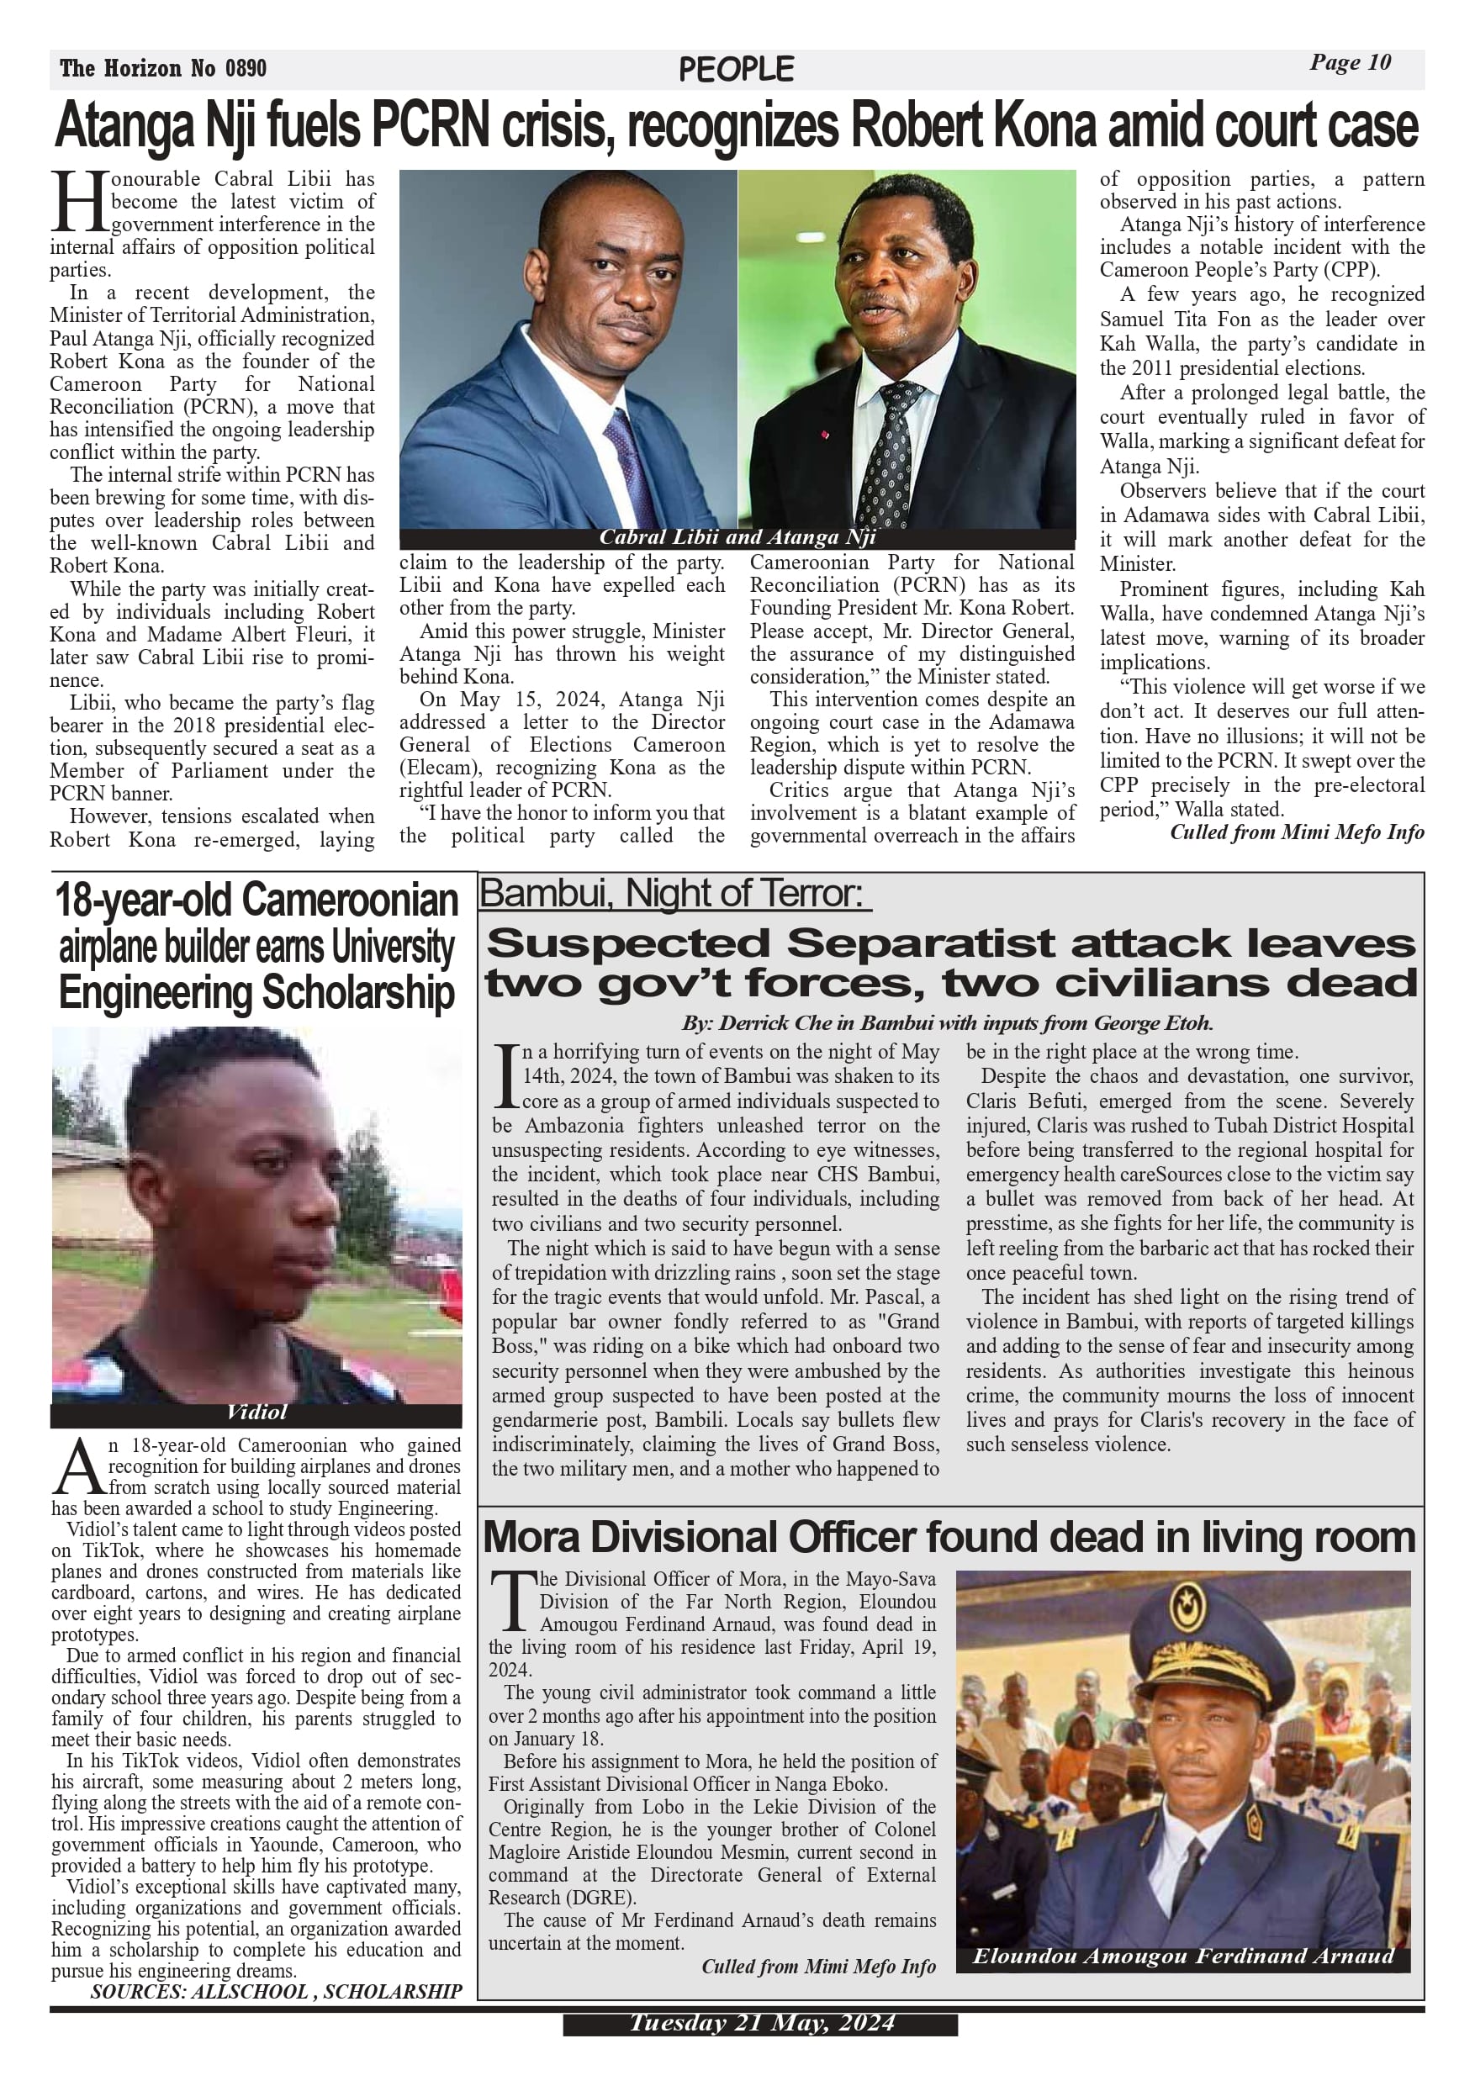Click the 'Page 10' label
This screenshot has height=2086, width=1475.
1350,63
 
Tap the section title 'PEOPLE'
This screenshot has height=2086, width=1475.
736,70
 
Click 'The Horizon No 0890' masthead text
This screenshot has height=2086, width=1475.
164,68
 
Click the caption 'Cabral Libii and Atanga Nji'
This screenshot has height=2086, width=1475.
737,537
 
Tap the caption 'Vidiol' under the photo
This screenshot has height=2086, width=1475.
256,1412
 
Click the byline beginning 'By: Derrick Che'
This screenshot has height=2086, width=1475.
948,1023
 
